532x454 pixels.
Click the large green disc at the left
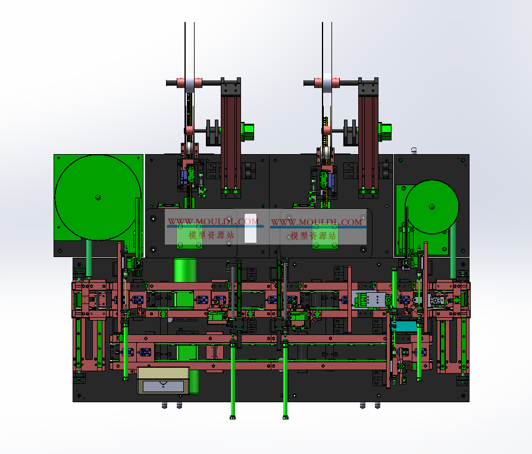pyautogui.click(x=98, y=198)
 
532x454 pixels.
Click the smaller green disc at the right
pyautogui.click(x=431, y=206)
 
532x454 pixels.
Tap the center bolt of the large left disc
pyautogui.click(x=98, y=197)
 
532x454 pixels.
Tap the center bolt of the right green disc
pyautogui.click(x=432, y=206)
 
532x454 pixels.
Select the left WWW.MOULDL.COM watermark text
pyautogui.click(x=213, y=221)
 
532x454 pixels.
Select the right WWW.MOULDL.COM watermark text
pyautogui.click(x=317, y=222)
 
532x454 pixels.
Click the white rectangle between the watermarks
pyautogui.click(x=251, y=228)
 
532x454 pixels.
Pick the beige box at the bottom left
pyautogui.click(x=163, y=380)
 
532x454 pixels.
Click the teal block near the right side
pyautogui.click(x=405, y=327)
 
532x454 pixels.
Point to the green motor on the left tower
pyautogui.click(x=248, y=131)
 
